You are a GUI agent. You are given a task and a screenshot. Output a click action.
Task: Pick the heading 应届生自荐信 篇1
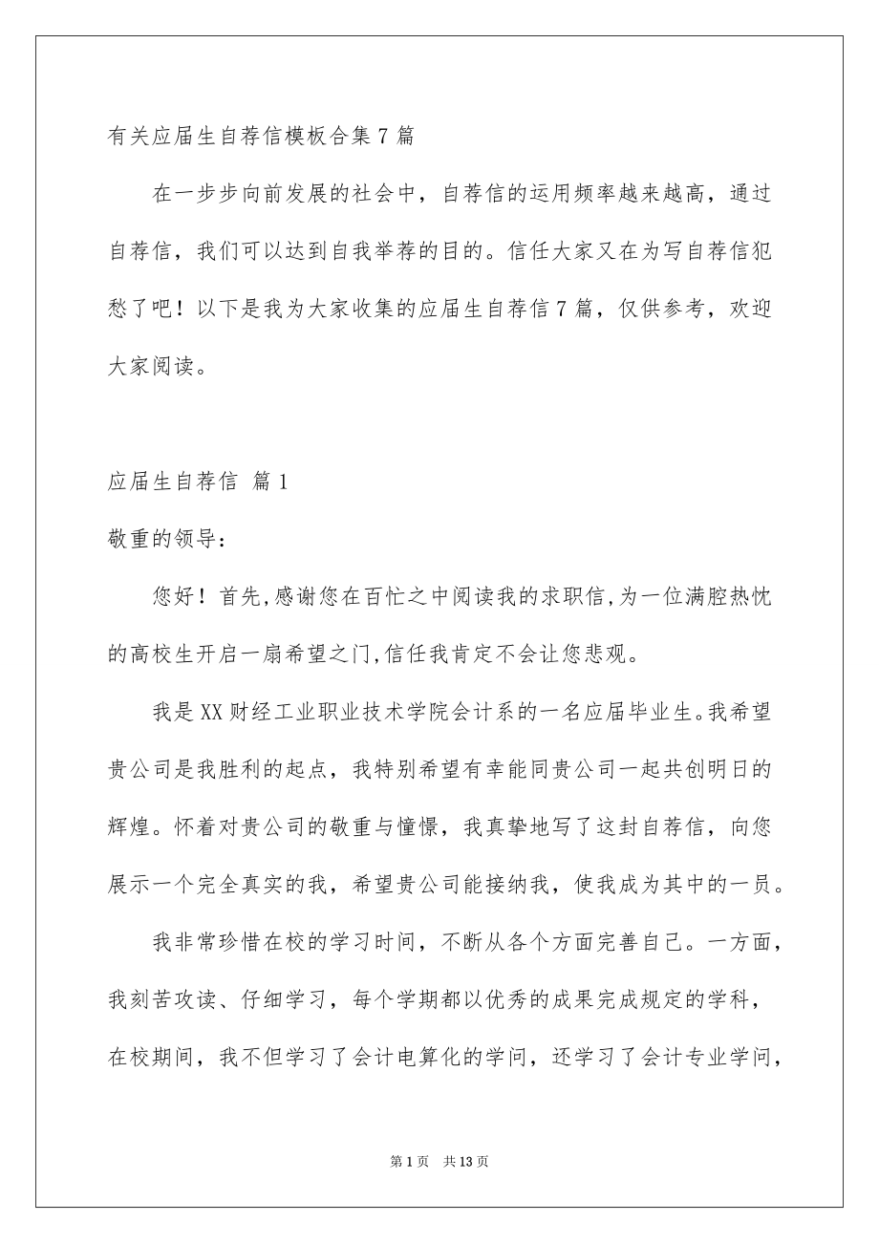pyautogui.click(x=198, y=483)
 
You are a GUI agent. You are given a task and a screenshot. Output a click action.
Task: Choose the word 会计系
pyautogui.click(x=535, y=713)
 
